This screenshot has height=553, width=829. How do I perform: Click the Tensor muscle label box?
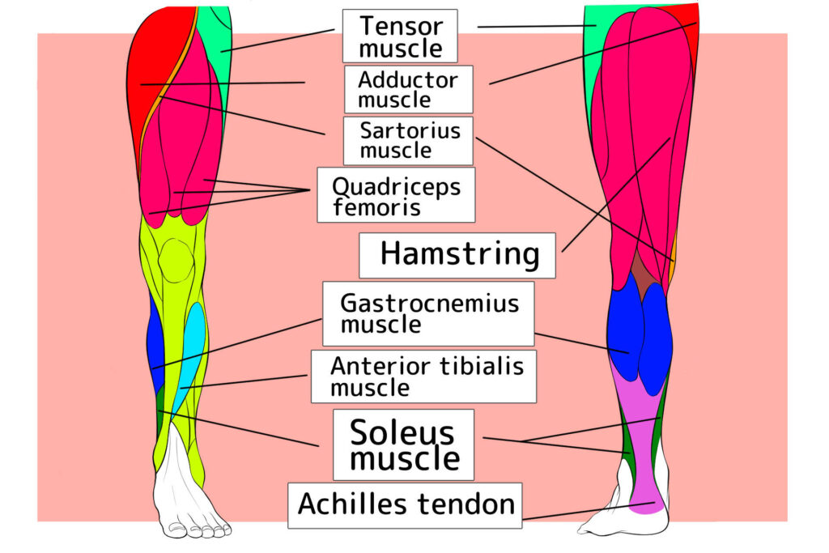click(x=400, y=36)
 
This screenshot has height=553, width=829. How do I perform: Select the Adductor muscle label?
click(x=407, y=89)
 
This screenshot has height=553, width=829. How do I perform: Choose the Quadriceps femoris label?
click(x=395, y=195)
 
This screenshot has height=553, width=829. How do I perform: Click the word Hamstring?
click(x=459, y=254)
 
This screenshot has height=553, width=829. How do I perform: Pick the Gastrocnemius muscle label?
click(x=428, y=313)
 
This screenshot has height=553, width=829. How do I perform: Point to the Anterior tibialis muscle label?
click(x=423, y=376)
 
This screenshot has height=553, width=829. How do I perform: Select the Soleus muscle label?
click(x=403, y=444)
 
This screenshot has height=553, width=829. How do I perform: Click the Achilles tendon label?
click(x=405, y=505)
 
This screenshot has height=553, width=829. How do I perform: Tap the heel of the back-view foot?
click(x=648, y=518)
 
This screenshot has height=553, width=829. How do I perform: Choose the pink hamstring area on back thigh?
click(x=640, y=146)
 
